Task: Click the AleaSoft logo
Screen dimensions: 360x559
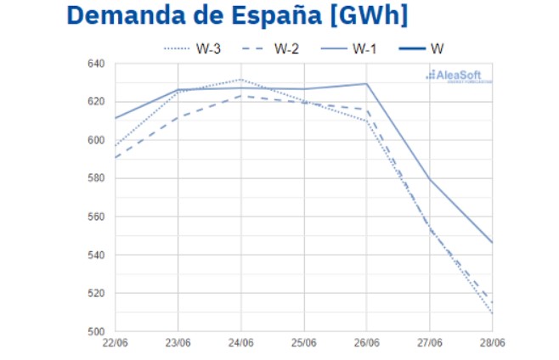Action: click(458, 76)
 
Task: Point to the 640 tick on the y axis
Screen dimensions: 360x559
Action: click(96, 64)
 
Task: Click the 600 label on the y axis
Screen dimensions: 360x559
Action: click(96, 140)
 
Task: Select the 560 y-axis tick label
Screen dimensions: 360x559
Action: click(96, 217)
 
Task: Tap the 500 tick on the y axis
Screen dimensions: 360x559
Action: click(96, 331)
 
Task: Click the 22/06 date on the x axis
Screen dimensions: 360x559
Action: click(116, 343)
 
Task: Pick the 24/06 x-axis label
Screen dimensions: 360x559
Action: click(241, 343)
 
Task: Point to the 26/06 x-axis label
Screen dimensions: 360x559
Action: click(367, 343)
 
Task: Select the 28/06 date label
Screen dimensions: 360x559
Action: click(491, 343)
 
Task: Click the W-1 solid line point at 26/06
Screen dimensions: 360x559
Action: click(367, 83)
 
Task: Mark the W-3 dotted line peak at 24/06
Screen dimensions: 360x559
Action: click(241, 80)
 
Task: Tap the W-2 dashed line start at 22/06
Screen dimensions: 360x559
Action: click(116, 157)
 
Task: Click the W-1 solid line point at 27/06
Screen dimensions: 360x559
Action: click(430, 178)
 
